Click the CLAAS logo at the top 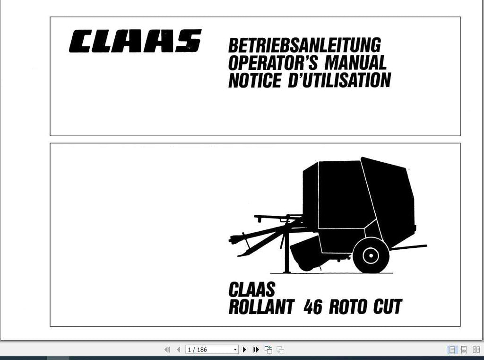pyautogui.click(x=135, y=41)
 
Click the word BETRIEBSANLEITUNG pyautogui.click(x=304, y=45)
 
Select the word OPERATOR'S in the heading pyautogui.click(x=273, y=63)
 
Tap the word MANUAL pyautogui.click(x=355, y=63)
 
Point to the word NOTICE pyautogui.click(x=255, y=80)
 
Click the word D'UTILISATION pyautogui.click(x=339, y=80)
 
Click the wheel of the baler pyautogui.click(x=371, y=255)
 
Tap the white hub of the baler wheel pyautogui.click(x=371, y=255)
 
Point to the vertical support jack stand pyautogui.click(x=286, y=252)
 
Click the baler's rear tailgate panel pyautogui.click(x=389, y=198)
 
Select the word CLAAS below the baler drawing pyautogui.click(x=251, y=290)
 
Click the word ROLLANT pyautogui.click(x=261, y=307)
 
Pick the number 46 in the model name pyautogui.click(x=313, y=307)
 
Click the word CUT pyautogui.click(x=388, y=307)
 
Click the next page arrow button pyautogui.click(x=244, y=350)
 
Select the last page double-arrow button pyautogui.click(x=256, y=350)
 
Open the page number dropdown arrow pyautogui.click(x=235, y=350)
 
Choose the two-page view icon pyautogui.click(x=476, y=350)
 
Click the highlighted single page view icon pyautogui.click(x=452, y=350)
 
